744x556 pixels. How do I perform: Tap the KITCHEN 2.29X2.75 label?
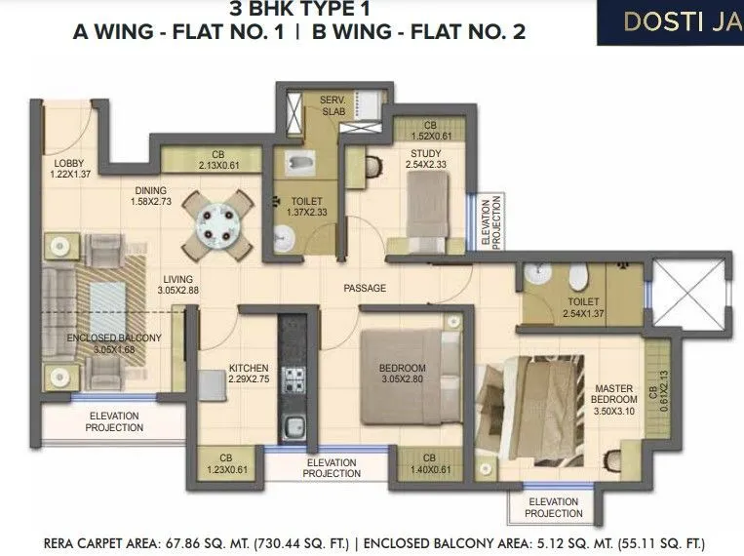pos(248,375)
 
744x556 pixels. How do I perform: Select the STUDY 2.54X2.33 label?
pos(425,158)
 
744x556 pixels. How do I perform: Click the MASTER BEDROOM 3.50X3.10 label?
pos(613,400)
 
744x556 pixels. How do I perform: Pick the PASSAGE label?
pos(365,288)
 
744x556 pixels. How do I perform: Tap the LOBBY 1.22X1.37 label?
pos(69,168)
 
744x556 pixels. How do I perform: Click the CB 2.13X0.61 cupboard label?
pos(212,159)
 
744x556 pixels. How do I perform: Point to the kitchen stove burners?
pos(293,377)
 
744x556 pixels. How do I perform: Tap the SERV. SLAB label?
pos(336,105)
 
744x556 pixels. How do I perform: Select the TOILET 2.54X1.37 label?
pos(584,308)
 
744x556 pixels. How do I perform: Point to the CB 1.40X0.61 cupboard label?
pos(429,462)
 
